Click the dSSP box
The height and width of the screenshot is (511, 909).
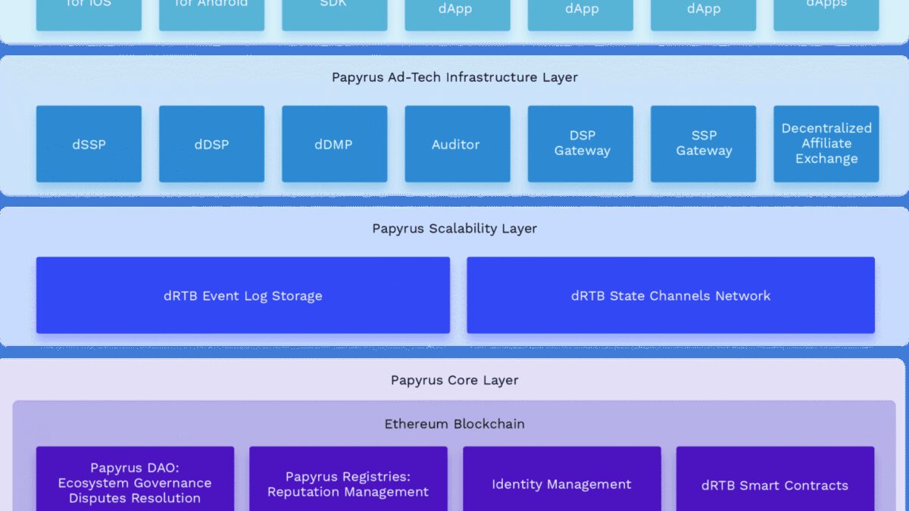[89, 144]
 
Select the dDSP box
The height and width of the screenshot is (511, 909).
[211, 144]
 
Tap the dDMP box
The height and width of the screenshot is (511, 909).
[334, 144]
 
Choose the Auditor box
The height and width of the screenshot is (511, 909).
[457, 144]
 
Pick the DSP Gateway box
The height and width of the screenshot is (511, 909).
[580, 144]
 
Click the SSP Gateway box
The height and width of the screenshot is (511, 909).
[703, 144]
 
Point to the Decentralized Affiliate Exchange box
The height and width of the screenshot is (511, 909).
[826, 144]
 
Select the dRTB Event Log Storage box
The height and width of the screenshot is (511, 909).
[242, 295]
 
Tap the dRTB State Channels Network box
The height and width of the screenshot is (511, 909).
[670, 295]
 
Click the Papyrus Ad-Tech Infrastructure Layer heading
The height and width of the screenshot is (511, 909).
[454, 77]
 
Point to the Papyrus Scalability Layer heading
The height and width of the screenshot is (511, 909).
[454, 229]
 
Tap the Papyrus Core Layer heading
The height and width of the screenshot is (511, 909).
[454, 380]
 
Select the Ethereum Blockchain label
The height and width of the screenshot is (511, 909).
[454, 424]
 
